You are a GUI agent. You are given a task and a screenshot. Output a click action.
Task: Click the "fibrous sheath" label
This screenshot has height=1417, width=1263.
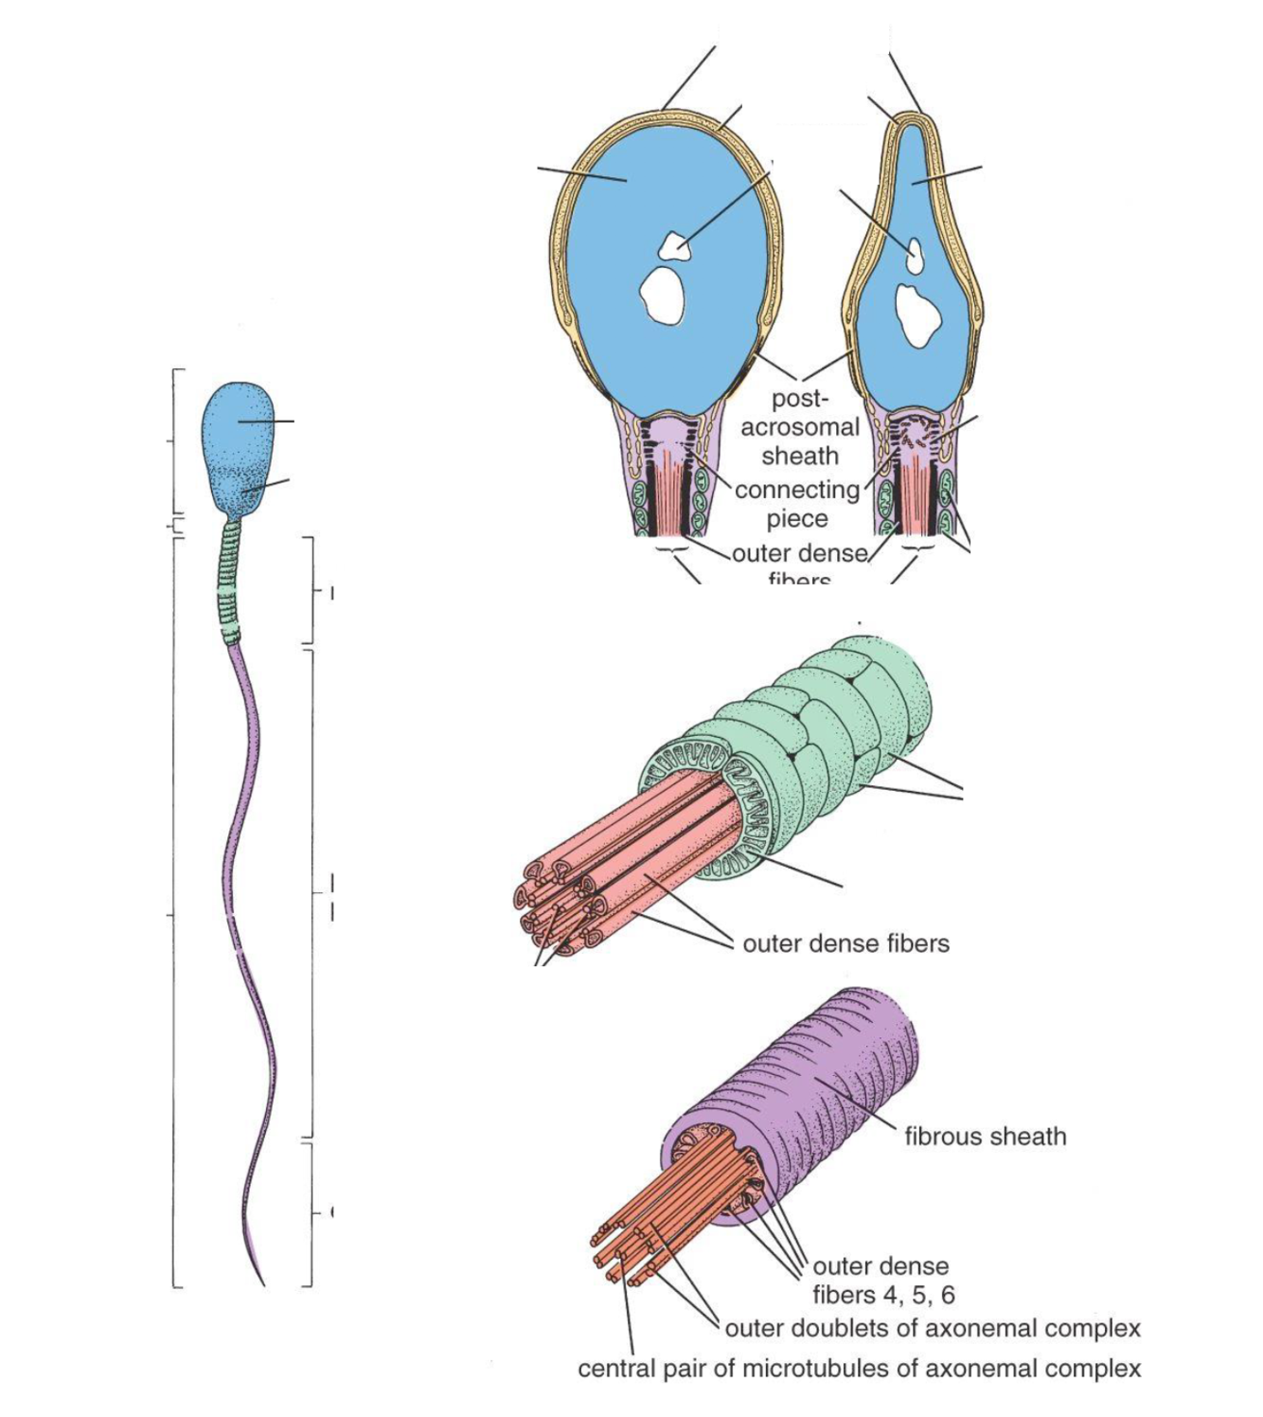(x=985, y=1136)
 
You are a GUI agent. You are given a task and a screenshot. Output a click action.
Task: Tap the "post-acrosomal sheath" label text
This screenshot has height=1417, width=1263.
(x=800, y=427)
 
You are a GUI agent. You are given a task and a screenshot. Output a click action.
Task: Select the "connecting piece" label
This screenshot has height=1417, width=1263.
(x=797, y=504)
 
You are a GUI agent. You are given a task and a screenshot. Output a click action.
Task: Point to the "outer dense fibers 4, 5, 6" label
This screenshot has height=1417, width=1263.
(x=882, y=1281)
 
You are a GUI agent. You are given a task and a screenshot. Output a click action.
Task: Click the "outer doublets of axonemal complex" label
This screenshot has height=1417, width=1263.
(x=932, y=1329)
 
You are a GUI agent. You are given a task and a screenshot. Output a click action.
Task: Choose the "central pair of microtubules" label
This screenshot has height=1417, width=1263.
(x=859, y=1369)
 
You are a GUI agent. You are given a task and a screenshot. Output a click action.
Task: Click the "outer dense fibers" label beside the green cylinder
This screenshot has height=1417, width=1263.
(x=845, y=943)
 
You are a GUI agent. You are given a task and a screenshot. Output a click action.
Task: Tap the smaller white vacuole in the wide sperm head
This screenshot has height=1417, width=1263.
(x=674, y=245)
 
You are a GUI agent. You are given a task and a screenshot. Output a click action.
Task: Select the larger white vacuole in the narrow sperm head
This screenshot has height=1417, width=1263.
(x=916, y=313)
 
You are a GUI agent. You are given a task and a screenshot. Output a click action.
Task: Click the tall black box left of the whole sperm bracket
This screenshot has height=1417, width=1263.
(x=126, y=685)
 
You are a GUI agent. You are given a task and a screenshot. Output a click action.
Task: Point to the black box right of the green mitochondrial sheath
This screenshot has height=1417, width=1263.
(x=1064, y=811)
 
